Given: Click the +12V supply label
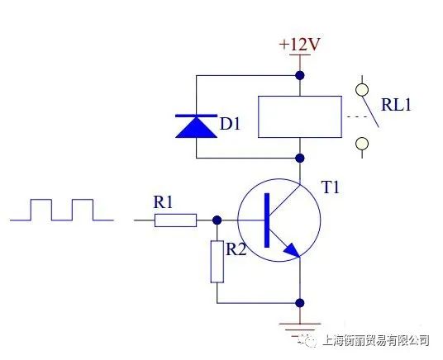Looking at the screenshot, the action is pyautogui.click(x=299, y=44).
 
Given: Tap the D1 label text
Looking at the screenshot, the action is pyautogui.click(x=230, y=124).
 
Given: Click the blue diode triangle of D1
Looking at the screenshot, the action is pyautogui.click(x=197, y=128).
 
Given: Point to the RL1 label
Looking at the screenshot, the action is pyautogui.click(x=396, y=105).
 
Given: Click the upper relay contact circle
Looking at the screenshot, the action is pyautogui.click(x=362, y=90).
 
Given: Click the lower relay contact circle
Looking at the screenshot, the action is pyautogui.click(x=362, y=144).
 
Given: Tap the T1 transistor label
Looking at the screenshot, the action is pyautogui.click(x=330, y=187).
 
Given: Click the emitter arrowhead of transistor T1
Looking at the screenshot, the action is pyautogui.click(x=292, y=250).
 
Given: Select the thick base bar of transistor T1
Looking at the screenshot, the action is pyautogui.click(x=267, y=220).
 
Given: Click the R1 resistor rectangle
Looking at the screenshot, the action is pyautogui.click(x=175, y=220).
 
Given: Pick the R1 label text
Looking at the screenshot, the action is pyautogui.click(x=163, y=202).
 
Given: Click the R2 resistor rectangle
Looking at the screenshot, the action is pyautogui.click(x=217, y=262).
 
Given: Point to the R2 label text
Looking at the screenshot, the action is pyautogui.click(x=236, y=249).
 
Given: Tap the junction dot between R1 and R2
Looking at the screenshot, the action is pyautogui.click(x=217, y=220).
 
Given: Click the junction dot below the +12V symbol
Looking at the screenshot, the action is pyautogui.click(x=300, y=75).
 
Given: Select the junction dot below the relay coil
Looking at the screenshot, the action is pyautogui.click(x=300, y=158).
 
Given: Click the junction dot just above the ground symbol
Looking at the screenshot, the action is pyautogui.click(x=300, y=303).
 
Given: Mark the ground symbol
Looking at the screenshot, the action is pyautogui.click(x=300, y=329).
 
